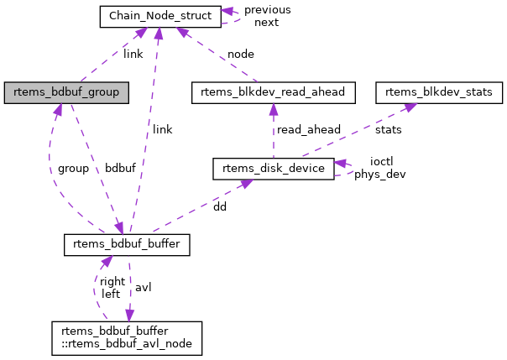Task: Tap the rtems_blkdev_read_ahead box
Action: [274, 91]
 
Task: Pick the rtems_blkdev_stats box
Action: [439, 91]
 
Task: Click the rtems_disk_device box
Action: [274, 169]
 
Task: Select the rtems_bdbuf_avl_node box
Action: [127, 336]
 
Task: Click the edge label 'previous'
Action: [267, 9]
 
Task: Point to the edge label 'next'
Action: [266, 22]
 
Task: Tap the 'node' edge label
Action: [241, 54]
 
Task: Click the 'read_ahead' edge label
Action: [309, 129]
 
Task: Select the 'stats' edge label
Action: [389, 130]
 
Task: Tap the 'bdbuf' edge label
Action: [120, 169]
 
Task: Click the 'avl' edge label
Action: [143, 287]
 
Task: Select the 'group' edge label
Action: [73, 169]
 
